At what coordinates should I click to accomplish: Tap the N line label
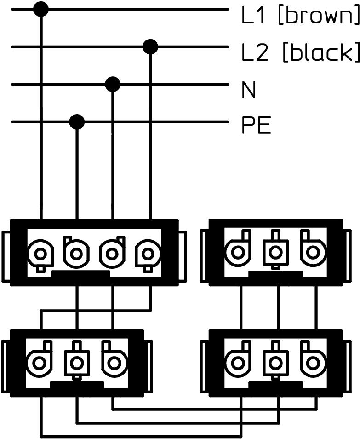(249, 91)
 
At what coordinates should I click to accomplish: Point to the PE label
(256, 126)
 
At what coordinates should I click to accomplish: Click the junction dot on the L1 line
(41, 9)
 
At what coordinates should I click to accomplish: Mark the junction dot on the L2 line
(150, 46)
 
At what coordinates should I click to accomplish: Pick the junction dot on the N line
(113, 84)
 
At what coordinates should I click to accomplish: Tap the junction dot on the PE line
(77, 122)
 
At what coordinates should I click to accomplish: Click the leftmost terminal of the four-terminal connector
(40, 253)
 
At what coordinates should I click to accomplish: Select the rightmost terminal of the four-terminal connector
(148, 253)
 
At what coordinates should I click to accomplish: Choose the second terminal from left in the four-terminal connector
(76, 253)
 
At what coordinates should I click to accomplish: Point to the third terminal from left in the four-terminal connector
(112, 253)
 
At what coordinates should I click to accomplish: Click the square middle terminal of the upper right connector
(275, 252)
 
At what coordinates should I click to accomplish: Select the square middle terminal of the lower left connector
(76, 363)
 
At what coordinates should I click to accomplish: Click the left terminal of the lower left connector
(40, 363)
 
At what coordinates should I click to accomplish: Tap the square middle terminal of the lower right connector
(275, 363)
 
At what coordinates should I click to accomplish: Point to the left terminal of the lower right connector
(238, 363)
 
